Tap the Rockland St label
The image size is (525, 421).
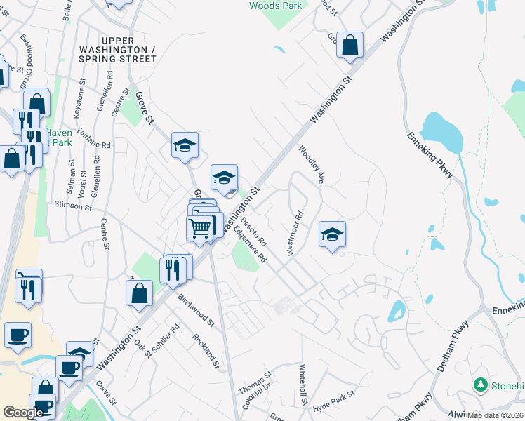tap(207, 351)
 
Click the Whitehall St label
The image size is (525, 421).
tap(303, 385)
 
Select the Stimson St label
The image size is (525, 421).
tap(73, 207)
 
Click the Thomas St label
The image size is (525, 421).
tap(255, 382)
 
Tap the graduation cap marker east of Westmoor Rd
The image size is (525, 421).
tap(332, 234)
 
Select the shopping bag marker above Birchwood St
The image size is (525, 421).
tap(140, 294)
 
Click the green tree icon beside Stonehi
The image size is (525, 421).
tap(481, 385)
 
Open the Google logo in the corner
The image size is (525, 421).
tap(23, 413)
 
